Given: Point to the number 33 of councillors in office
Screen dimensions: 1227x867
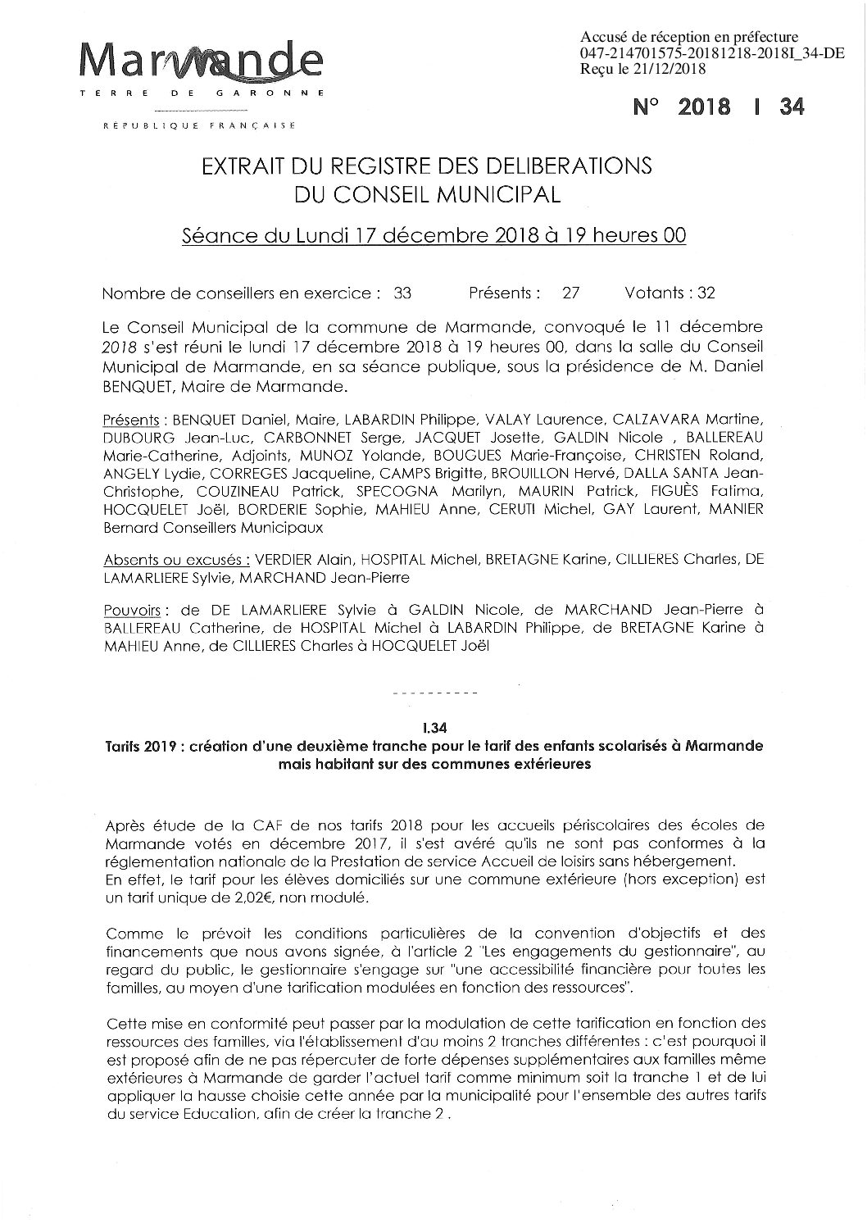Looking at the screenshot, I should tap(402, 293).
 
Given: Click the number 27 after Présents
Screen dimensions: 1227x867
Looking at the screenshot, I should tap(571, 293).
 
